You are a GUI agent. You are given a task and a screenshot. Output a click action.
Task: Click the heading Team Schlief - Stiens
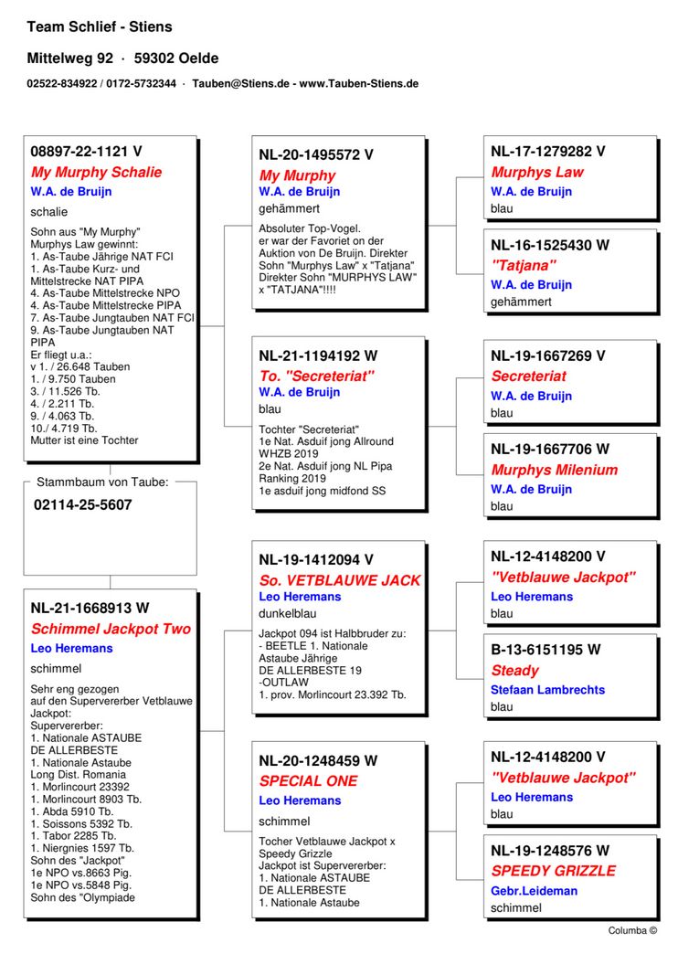(x=100, y=26)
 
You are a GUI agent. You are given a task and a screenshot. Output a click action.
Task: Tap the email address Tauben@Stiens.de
(x=240, y=83)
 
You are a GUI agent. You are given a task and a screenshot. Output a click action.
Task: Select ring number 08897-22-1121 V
(x=87, y=152)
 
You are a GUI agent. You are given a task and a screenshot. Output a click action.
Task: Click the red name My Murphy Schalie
(x=96, y=172)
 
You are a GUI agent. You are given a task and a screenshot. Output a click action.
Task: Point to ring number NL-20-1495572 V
(x=316, y=155)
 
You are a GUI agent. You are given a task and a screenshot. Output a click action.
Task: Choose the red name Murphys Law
(x=537, y=172)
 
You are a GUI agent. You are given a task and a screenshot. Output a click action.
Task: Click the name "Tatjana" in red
(x=524, y=265)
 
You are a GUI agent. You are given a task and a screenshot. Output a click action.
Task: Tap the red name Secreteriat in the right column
(x=528, y=376)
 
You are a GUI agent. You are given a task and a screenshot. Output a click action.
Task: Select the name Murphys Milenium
(x=554, y=470)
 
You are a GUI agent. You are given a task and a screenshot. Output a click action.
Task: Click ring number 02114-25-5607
(x=83, y=504)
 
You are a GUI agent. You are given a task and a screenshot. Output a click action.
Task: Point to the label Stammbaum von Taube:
(x=102, y=482)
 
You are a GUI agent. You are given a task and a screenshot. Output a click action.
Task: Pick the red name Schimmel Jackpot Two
(x=111, y=629)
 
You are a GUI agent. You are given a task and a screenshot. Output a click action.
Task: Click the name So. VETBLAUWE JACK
(x=340, y=580)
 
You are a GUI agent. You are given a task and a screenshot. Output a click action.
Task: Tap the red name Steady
(x=514, y=670)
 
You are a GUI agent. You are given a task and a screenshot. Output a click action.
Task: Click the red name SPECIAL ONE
(x=308, y=781)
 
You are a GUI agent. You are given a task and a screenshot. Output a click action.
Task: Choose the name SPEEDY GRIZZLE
(x=553, y=871)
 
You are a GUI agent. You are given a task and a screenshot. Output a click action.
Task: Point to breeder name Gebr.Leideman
(x=534, y=891)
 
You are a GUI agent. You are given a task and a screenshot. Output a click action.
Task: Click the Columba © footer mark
(x=632, y=930)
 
